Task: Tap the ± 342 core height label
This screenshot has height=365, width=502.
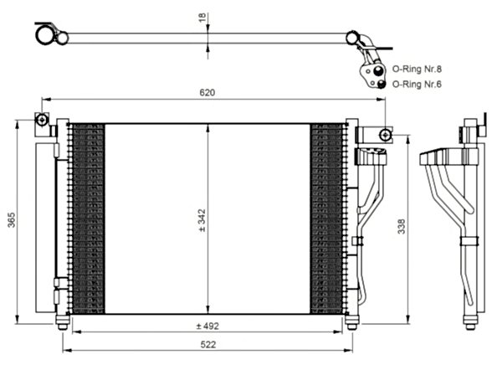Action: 202,219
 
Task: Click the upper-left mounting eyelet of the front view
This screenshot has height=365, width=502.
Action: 39,120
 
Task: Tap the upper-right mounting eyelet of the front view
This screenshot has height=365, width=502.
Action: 384,134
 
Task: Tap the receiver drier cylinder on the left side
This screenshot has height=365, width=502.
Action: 44,226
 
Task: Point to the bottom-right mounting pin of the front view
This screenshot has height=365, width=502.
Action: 351,322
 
